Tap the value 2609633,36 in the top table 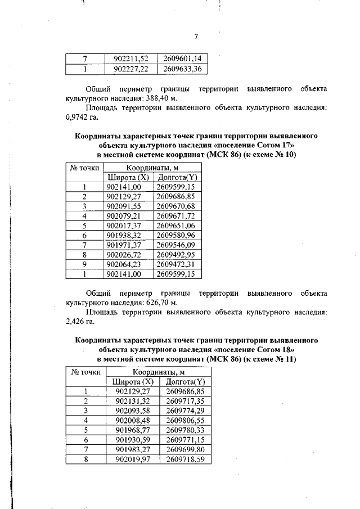pyautogui.click(x=182, y=69)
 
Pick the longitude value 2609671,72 pyautogui.click(x=175, y=215)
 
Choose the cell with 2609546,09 pyautogui.click(x=175, y=245)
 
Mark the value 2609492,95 pyautogui.click(x=175, y=254)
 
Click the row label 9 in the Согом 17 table pyautogui.click(x=84, y=264)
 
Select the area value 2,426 pyautogui.click(x=76, y=322)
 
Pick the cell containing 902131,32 pyautogui.click(x=133, y=401)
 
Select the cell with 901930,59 pyautogui.click(x=133, y=439)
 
